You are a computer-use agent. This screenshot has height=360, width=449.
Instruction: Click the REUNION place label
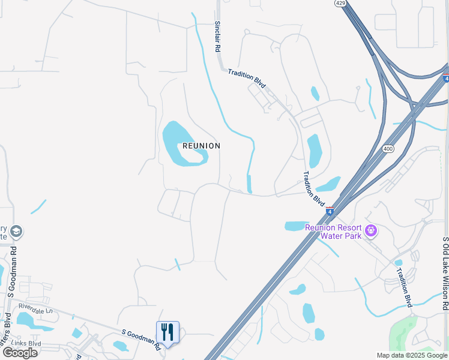[201, 146]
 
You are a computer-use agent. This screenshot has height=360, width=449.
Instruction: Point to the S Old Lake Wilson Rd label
[445, 274]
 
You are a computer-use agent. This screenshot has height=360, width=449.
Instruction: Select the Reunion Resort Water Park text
[333, 231]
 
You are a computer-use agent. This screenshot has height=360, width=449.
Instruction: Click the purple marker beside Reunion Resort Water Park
[372, 230]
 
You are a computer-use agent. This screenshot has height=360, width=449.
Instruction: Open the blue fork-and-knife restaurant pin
[167, 332]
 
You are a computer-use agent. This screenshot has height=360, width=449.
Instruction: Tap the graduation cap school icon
[17, 231]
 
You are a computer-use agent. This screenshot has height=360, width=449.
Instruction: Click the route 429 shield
[340, 4]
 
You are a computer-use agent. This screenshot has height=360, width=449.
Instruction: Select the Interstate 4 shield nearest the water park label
[330, 211]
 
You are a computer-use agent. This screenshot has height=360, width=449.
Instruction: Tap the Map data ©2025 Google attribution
[412, 355]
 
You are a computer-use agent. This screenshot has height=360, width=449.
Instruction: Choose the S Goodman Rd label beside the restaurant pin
[141, 339]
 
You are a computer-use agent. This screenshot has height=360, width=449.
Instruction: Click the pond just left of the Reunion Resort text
[294, 226]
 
